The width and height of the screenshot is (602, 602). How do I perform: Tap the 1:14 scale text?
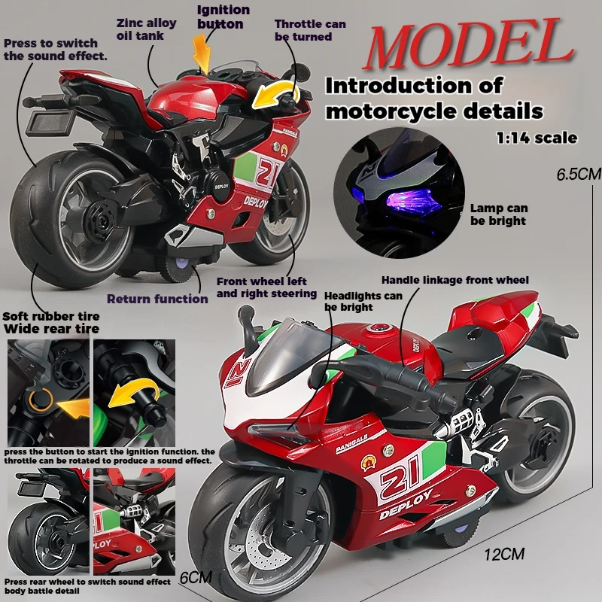click(536, 138)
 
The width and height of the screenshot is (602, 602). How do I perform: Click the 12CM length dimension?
click(503, 555)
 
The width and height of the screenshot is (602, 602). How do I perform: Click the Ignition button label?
click(223, 17)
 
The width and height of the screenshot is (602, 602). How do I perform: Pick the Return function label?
click(157, 299)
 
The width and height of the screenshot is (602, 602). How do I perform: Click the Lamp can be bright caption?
click(499, 214)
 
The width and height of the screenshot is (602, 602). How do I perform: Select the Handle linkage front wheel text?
click(455, 280)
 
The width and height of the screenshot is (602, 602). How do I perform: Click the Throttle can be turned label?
click(310, 30)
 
